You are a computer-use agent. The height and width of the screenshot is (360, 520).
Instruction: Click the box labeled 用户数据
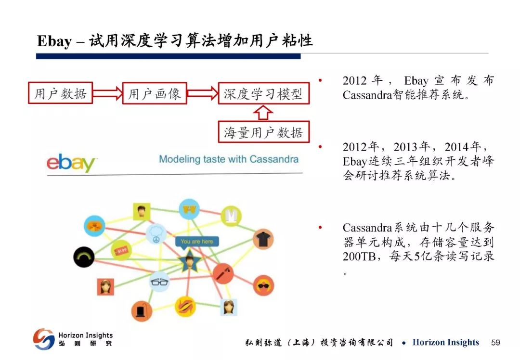[61, 94]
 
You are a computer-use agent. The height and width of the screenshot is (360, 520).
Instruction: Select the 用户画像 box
[155, 94]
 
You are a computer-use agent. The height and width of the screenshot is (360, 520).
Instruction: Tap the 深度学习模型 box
[263, 94]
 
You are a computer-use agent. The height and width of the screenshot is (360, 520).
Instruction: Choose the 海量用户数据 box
[263, 132]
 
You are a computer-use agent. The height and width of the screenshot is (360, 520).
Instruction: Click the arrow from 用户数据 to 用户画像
[107, 93]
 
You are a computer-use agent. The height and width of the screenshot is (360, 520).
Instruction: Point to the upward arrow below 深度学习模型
[263, 113]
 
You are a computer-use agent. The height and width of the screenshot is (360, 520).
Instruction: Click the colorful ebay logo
[71, 163]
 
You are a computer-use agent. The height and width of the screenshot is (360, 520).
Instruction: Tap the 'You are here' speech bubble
[197, 242]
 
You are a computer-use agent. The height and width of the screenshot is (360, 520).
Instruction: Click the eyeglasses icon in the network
[160, 282]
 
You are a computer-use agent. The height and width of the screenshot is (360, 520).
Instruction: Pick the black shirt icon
[263, 239]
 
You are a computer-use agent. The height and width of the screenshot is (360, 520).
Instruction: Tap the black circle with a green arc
[84, 257]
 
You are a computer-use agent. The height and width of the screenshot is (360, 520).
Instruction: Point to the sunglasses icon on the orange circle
[263, 286]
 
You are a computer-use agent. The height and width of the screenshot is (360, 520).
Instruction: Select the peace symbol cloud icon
[156, 234]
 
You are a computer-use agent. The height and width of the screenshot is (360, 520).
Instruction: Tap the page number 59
[495, 343]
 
